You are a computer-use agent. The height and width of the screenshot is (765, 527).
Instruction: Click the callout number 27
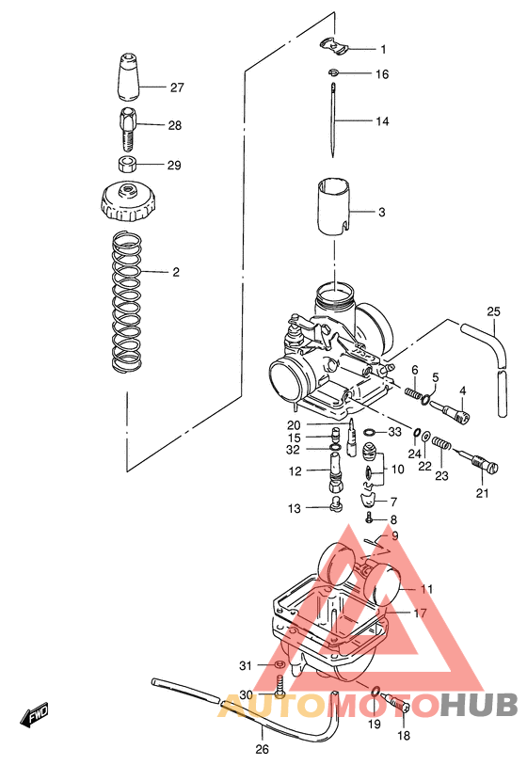(176, 88)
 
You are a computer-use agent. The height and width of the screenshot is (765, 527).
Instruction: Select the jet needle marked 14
(335, 120)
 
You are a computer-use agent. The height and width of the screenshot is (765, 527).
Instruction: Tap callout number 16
(382, 73)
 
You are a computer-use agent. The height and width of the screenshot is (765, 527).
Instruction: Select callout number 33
(394, 432)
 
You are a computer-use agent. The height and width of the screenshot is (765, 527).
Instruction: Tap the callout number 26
(262, 750)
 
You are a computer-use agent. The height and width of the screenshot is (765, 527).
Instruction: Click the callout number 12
(295, 471)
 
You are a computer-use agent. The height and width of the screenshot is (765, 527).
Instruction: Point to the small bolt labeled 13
(334, 509)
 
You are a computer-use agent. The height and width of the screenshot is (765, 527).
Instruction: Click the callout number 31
(246, 666)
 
